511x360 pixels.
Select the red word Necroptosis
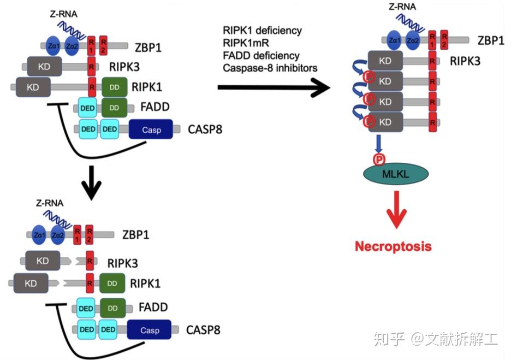(393, 246)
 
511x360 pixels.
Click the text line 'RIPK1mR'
(245, 43)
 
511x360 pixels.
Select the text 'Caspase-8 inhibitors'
(270, 68)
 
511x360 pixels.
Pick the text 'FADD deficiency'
(261, 56)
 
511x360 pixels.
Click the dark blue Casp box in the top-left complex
(151, 129)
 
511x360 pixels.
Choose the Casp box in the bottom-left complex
(150, 330)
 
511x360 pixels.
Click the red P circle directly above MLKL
(378, 159)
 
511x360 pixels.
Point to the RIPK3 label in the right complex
(465, 60)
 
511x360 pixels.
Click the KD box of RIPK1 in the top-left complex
(33, 86)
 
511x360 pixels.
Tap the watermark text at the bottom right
(436, 339)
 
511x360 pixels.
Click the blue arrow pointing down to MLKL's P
(378, 143)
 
